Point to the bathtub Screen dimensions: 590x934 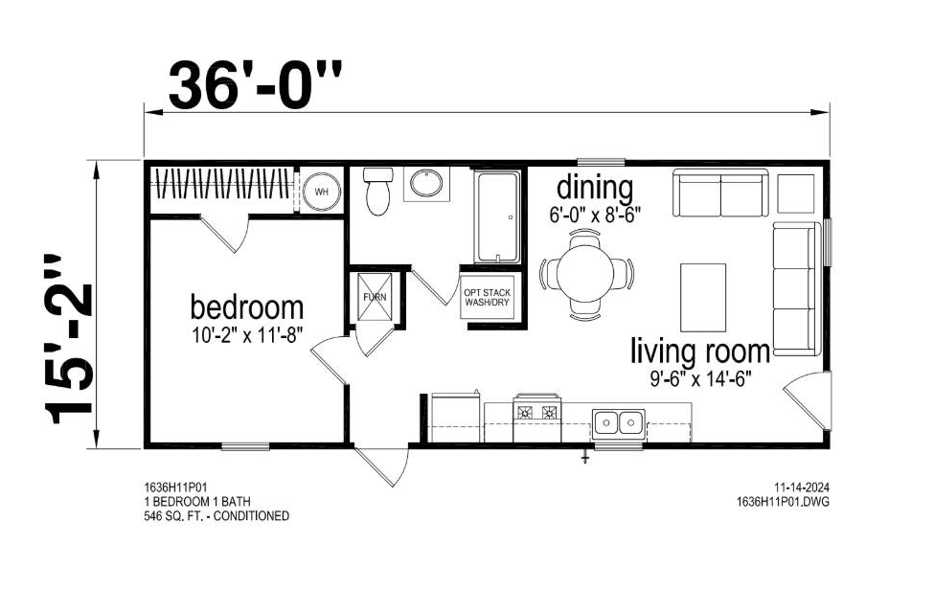tap(496, 216)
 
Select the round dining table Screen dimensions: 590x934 tap(586, 273)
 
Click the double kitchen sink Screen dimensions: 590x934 tap(618, 421)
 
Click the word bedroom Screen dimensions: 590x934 tap(246, 308)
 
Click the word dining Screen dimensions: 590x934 tap(595, 187)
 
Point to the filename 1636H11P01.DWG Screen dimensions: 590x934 tap(783, 501)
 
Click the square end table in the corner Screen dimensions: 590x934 tap(795, 193)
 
